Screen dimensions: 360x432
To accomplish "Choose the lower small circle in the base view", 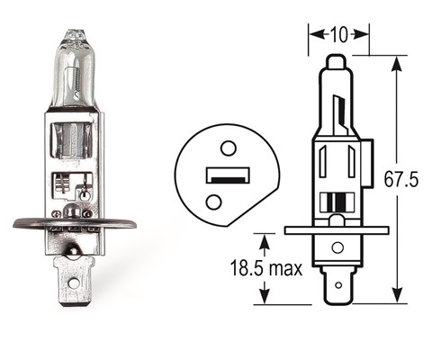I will pos(213,202).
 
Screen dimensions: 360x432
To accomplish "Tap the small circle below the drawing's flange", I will pos(337,247).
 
